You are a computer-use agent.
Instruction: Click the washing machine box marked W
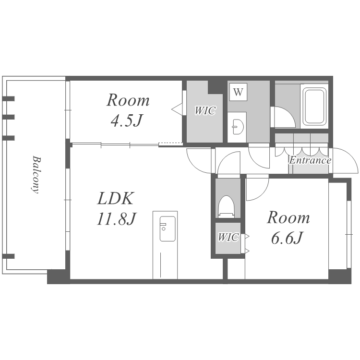point(238,92)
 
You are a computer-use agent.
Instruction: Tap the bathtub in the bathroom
point(314,106)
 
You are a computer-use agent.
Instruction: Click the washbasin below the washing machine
point(237,126)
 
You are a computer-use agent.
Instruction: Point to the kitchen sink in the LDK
point(168,228)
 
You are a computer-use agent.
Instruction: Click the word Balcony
point(36,175)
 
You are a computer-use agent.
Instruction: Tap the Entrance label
point(310,160)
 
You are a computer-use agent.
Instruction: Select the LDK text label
point(115,198)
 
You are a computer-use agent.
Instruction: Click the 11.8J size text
point(117,219)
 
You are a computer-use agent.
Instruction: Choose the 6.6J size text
point(287,238)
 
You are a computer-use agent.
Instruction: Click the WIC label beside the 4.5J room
point(205,110)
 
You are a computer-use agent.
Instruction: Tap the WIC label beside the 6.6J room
point(228,237)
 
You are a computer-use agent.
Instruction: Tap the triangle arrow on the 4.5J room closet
point(177,108)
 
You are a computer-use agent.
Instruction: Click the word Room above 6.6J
point(288,217)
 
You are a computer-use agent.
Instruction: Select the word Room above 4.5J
point(128,100)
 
